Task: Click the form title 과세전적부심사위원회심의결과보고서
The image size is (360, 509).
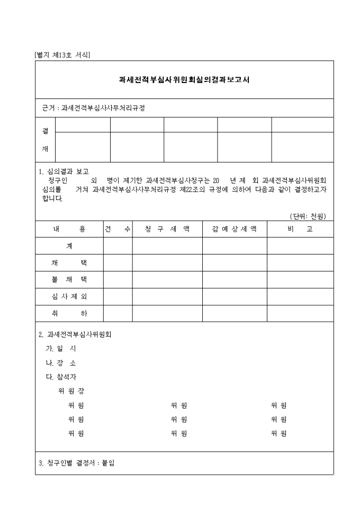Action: pos(184,80)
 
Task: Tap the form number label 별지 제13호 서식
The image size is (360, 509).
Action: pos(62,55)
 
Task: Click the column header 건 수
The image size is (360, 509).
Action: pos(118,229)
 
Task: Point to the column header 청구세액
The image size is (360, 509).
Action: pos(167,229)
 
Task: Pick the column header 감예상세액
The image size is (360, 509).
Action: pos(234,229)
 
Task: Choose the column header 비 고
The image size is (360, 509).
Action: pos(300,229)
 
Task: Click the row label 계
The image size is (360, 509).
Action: pos(69,246)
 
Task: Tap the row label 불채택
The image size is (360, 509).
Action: pos(69,280)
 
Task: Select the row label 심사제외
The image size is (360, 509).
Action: pos(69,297)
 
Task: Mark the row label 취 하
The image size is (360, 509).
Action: pos(69,314)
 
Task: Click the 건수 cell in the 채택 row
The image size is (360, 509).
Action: pos(118,263)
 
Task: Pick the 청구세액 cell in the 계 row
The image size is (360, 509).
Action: pos(167,246)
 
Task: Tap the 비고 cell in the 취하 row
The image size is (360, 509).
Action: pos(300,314)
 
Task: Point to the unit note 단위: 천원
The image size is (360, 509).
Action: pos(308,216)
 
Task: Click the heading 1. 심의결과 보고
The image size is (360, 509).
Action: pos(64,171)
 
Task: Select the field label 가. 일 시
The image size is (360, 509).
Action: pos(61,349)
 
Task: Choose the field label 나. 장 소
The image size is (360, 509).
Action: pos(61,363)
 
